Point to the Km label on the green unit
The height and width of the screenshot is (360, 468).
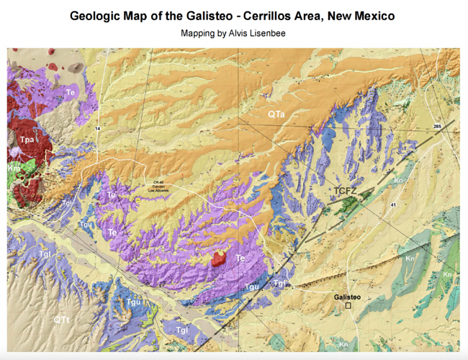point(14,167)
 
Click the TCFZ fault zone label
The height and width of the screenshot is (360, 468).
point(348,190)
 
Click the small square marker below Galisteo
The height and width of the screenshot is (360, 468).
point(349,306)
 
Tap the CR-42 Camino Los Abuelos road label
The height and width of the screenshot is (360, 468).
point(160,185)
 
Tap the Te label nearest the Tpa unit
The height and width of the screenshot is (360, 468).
point(71,92)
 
